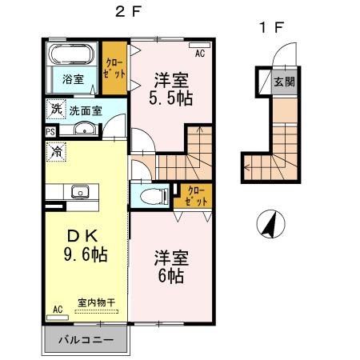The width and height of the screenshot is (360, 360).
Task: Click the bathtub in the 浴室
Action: [72, 57]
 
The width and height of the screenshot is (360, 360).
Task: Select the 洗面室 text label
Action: [84, 110]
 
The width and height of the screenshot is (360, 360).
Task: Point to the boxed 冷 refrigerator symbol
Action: [56, 148]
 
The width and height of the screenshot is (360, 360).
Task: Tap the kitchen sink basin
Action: [80, 190]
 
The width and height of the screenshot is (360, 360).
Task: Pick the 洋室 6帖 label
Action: [170, 266]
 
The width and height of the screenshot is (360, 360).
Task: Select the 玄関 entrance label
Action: [283, 82]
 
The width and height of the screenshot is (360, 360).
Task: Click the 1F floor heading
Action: [270, 27]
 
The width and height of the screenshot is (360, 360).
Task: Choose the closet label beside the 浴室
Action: [114, 67]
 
